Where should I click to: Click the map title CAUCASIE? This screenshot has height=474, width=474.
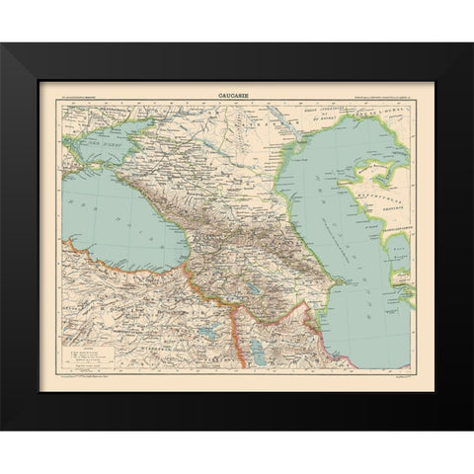(x=232, y=97)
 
